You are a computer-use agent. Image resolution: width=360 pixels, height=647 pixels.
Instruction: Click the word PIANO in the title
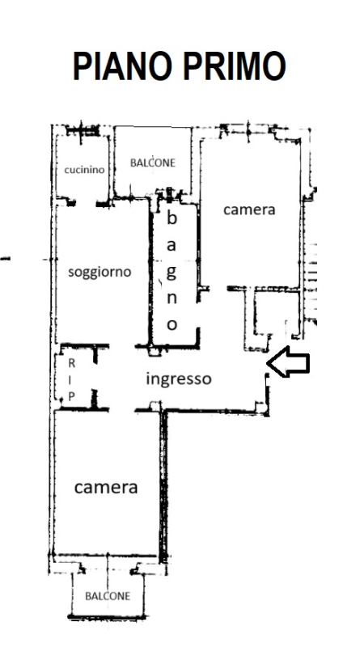pos(122,66)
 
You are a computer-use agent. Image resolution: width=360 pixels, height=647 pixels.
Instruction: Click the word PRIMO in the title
pos(235,66)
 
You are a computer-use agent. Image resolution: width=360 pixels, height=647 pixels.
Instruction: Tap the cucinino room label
pos(84,170)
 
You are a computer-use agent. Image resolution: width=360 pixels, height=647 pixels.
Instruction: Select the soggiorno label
pos(100,272)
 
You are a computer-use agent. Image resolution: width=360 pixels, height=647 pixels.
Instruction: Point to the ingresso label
pos(179,379)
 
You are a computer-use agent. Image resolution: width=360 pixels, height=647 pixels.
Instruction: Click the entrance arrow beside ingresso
pos(288,362)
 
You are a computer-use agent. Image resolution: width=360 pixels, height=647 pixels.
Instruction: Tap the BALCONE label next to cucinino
pos(153,163)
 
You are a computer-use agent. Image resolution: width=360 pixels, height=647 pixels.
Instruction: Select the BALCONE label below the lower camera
pos(108,596)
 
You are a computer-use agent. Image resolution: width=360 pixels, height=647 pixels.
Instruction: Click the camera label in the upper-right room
pos(249,209)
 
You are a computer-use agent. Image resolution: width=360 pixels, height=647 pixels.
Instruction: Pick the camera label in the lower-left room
pos(106,488)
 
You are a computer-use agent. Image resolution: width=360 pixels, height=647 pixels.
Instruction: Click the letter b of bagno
pos(172,218)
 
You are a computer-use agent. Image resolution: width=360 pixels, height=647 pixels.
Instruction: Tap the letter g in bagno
pos(172,273)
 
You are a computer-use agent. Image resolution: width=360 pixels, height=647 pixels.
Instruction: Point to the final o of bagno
pos(172,325)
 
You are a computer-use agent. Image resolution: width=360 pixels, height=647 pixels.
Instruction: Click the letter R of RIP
pos(71,363)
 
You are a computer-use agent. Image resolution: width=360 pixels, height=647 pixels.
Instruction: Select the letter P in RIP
pos(71,396)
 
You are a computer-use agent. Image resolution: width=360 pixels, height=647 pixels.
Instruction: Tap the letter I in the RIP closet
pos(71,380)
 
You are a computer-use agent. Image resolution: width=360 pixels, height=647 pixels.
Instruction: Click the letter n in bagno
pos(172,298)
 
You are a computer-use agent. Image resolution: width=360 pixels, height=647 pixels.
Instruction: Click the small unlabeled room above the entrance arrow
pos(276,313)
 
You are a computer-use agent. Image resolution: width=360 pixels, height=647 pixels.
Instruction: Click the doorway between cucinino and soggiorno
pos(86,203)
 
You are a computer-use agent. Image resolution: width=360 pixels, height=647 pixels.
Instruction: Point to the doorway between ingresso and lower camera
pos(122,410)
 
